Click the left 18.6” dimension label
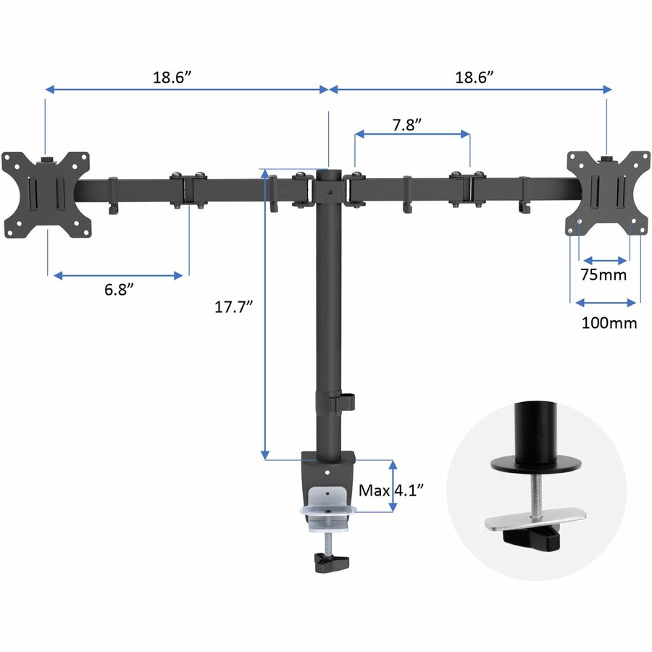pos(172,78)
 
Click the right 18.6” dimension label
pos(474,78)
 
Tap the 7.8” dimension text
pos(406,125)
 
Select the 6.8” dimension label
pos(119,289)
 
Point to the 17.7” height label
pos(233,307)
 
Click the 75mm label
pos(603,275)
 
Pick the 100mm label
pos(609,323)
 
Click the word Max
pos(375,490)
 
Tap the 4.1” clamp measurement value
pos(409,490)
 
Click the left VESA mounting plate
pos(46,195)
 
